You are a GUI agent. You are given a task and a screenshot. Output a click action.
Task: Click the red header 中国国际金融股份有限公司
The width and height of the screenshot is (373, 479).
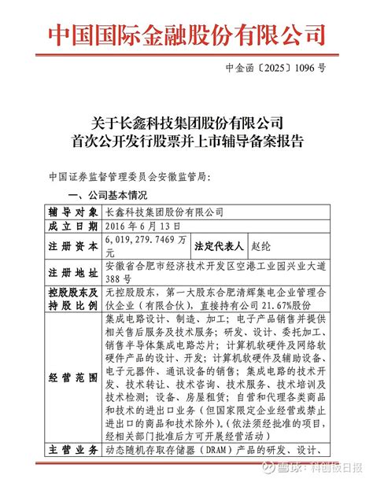[x=186, y=34]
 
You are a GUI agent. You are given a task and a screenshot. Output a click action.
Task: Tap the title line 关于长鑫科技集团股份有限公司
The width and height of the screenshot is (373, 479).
[x=186, y=123]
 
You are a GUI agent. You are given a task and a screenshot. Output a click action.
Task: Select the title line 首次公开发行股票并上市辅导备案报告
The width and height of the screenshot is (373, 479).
[x=186, y=142]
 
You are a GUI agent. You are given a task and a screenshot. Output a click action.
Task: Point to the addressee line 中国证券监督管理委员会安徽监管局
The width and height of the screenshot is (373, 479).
[x=130, y=175]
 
